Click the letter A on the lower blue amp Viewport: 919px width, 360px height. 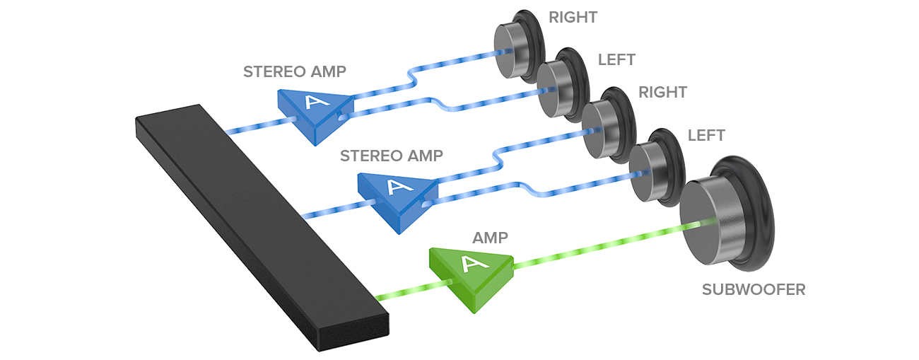[394, 187]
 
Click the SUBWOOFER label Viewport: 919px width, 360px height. [753, 289]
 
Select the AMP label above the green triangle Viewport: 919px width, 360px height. [491, 238]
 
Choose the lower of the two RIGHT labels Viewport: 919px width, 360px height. [662, 92]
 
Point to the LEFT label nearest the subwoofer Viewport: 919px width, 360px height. [706, 135]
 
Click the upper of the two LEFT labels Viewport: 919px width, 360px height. [616, 59]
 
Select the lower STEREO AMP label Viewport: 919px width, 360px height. [392, 156]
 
